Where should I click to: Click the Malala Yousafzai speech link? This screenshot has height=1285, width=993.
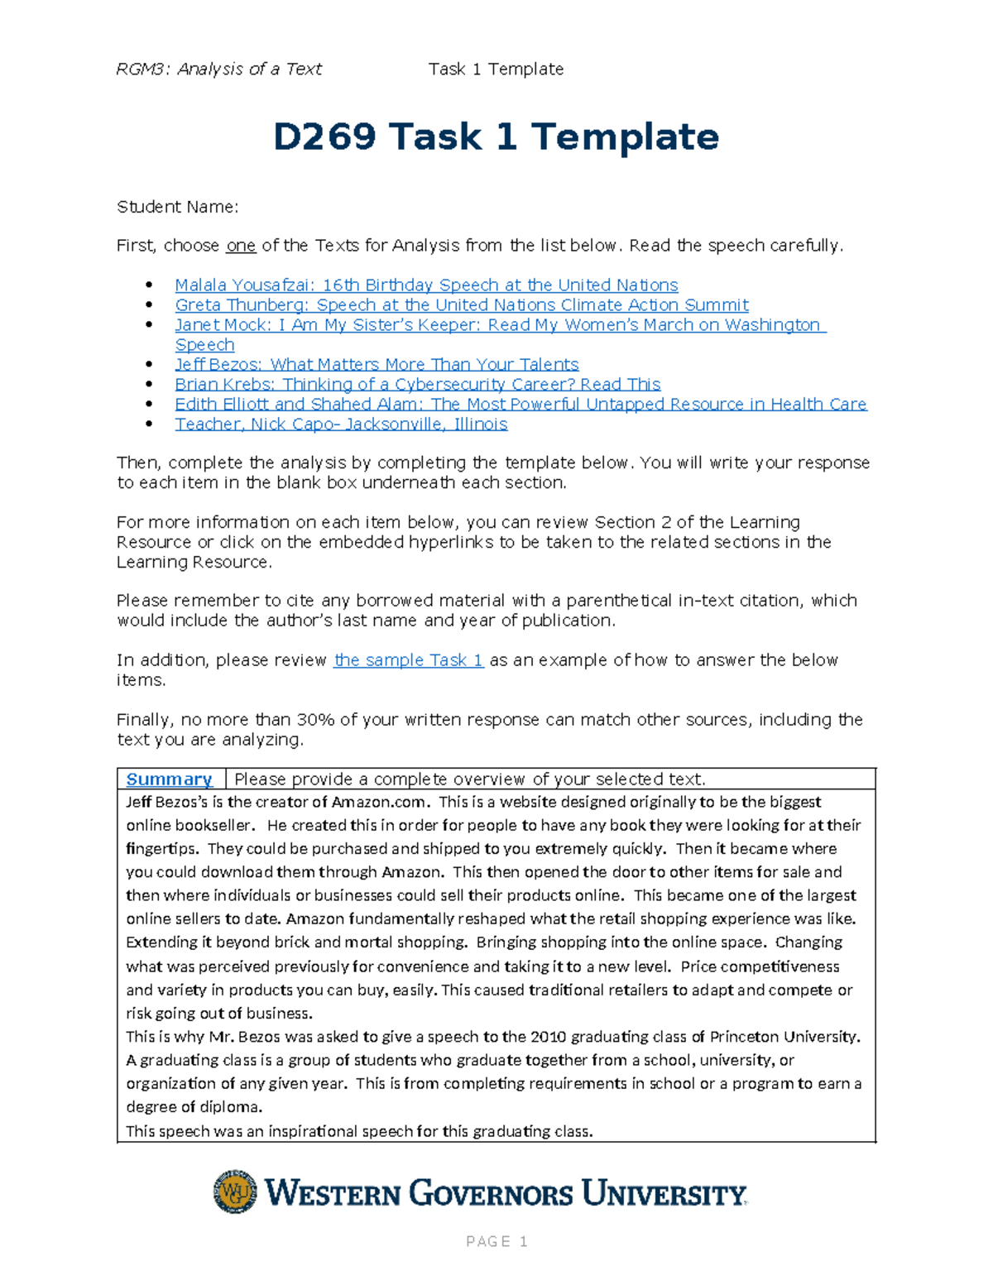(426, 285)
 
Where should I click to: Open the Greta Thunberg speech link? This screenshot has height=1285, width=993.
(462, 305)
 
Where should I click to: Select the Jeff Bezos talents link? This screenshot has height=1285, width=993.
(377, 365)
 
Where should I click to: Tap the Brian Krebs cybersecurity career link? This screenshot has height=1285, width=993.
(417, 385)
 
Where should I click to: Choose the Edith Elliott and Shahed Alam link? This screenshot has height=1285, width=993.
(520, 405)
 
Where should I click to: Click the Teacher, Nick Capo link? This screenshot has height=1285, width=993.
(341, 424)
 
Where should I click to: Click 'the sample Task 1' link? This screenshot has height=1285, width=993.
(408, 660)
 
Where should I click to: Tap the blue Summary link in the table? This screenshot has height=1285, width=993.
(169, 779)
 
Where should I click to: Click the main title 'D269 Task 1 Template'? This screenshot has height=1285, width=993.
(496, 137)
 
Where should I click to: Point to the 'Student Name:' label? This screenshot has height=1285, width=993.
(177, 207)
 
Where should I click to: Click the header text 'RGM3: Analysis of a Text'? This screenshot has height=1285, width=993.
(218, 70)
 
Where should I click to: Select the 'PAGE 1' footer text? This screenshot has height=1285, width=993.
(496, 1241)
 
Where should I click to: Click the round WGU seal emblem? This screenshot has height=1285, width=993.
(235, 1192)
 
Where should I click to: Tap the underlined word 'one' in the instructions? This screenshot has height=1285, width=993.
(241, 246)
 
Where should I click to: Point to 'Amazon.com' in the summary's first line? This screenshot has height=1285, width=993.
(380, 802)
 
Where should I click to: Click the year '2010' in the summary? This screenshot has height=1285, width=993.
(548, 1037)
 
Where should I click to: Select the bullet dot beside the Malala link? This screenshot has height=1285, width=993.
(149, 285)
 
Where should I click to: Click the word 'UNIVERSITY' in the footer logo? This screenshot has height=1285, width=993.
(664, 1194)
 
